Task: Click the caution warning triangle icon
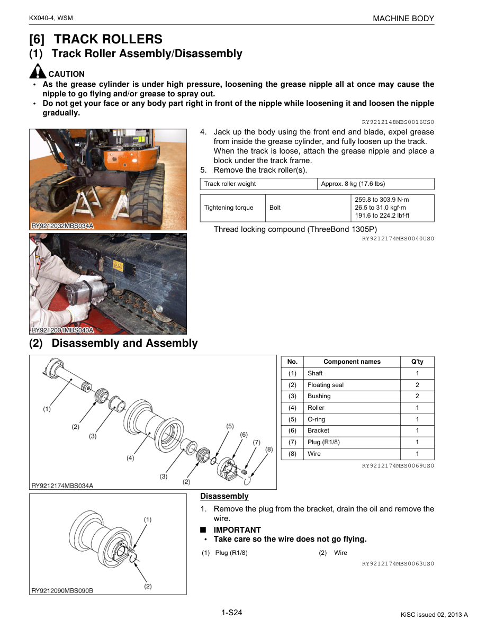(38, 71)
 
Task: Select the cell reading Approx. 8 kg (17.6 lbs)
(353, 184)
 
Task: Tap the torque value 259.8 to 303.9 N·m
(382, 200)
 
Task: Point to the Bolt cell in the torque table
(275, 208)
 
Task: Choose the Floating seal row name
(326, 385)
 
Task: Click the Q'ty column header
(417, 362)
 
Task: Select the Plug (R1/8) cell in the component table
(323, 442)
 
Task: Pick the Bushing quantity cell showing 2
(417, 396)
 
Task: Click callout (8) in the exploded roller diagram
(269, 449)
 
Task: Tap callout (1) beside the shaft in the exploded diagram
(47, 409)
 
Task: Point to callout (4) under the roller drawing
(130, 458)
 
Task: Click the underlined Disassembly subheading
(224, 496)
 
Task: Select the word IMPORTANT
(237, 529)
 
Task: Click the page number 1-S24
(232, 613)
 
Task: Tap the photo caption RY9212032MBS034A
(62, 226)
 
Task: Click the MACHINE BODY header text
(403, 19)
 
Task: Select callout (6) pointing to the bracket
(244, 434)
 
